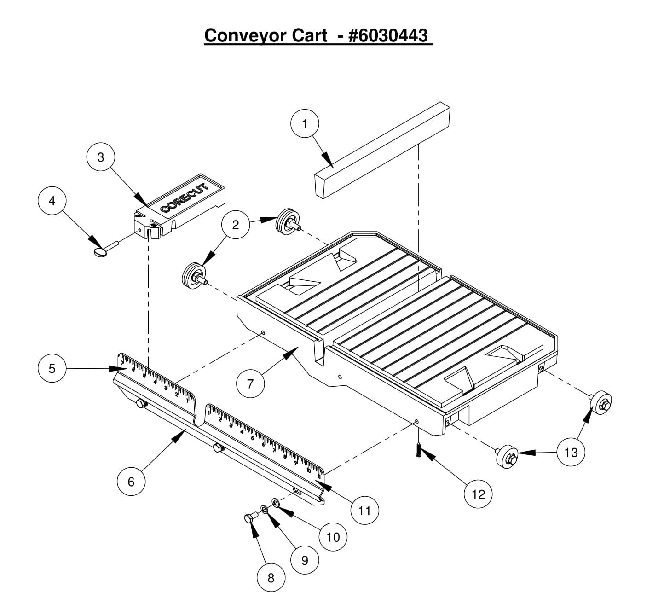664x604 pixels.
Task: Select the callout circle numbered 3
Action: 101,157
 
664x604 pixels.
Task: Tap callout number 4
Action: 52,201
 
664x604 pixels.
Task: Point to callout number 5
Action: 52,368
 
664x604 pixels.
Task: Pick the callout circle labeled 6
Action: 131,481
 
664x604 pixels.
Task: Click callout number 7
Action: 250,383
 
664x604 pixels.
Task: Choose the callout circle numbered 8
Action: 271,577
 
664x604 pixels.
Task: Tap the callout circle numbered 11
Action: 364,511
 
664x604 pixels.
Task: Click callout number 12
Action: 479,494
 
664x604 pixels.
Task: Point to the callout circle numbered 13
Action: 571,452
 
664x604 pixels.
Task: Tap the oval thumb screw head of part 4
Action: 100,252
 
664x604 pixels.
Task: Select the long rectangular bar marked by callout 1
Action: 382,152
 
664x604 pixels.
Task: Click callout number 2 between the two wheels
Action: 236,225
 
